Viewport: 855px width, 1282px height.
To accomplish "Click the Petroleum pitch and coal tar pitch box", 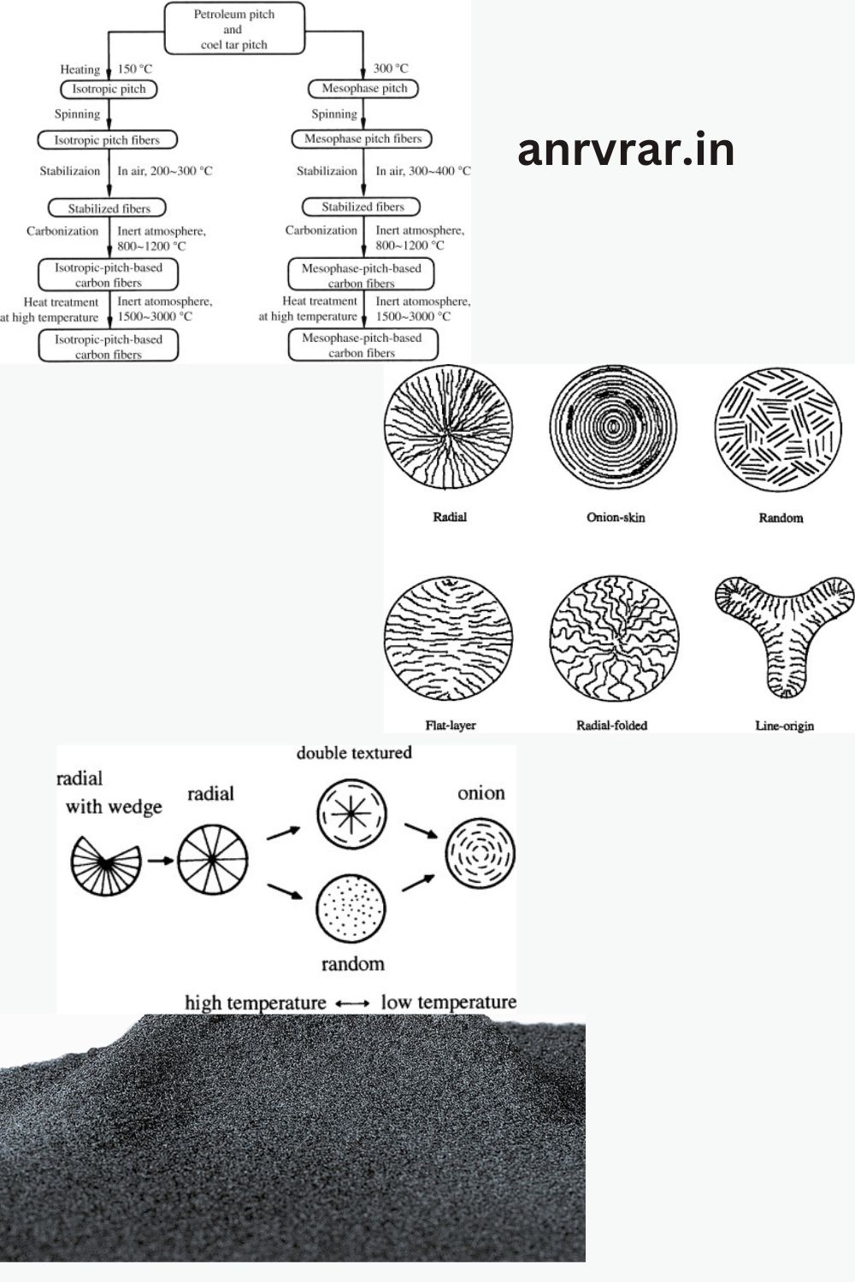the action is click(x=234, y=28).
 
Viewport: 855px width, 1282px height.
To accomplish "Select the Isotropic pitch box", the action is click(x=109, y=89).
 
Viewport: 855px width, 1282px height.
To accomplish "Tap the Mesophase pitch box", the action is click(x=363, y=89).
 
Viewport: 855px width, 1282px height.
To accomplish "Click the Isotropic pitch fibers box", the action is click(x=107, y=140).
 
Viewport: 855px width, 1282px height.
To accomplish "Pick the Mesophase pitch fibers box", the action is click(x=362, y=139).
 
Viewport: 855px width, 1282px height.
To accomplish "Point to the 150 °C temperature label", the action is click(x=135, y=69).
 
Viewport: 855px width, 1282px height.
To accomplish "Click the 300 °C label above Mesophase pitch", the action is click(x=391, y=68).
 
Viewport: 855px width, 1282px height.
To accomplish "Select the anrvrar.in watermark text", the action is click(x=626, y=150).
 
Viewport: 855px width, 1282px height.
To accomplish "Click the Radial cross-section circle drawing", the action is click(x=448, y=427).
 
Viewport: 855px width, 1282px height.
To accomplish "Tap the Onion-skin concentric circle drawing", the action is click(x=613, y=427).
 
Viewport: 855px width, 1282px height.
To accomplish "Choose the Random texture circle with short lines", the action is click(x=778, y=429).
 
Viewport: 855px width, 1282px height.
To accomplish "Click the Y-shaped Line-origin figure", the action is click(x=785, y=635).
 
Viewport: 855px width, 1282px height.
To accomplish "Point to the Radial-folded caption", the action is click(x=611, y=726).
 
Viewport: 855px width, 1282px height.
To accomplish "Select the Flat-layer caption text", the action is click(x=451, y=726).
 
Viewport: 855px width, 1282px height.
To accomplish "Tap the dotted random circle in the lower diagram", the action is click(x=351, y=909).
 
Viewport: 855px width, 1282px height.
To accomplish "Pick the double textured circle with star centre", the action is click(x=351, y=814).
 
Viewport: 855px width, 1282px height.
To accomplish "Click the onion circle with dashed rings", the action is click(x=481, y=853).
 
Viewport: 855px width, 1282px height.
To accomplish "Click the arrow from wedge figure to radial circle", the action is click(x=161, y=860).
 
